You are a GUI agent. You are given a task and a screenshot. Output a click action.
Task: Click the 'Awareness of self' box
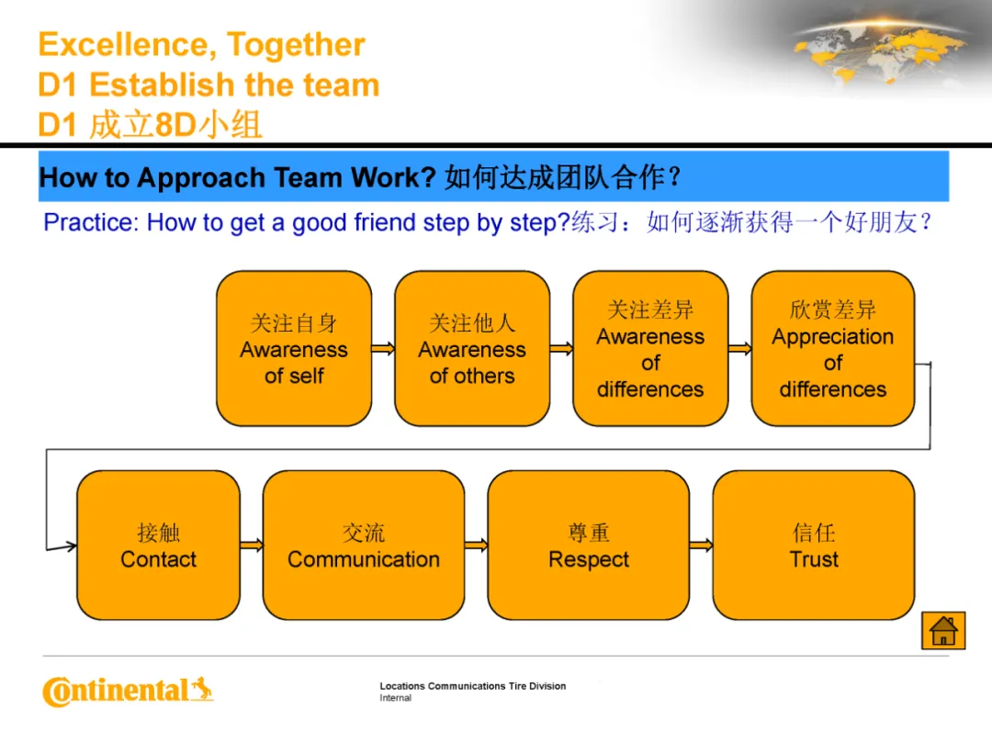[294, 348]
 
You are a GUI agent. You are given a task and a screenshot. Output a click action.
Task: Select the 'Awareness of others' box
[472, 348]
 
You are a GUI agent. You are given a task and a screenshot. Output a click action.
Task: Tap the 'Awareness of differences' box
[650, 348]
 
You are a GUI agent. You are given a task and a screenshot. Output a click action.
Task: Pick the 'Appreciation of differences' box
[832, 348]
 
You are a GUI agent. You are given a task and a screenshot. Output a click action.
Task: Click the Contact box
[158, 545]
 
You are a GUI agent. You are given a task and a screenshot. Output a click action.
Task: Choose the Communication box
[364, 545]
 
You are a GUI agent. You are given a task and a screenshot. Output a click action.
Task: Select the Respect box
[589, 545]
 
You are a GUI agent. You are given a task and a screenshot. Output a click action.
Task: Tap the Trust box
[814, 545]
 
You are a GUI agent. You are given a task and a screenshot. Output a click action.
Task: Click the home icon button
[943, 630]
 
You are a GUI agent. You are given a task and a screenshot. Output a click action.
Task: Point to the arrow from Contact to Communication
[252, 545]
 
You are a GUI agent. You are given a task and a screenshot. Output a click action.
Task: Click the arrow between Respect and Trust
[701, 545]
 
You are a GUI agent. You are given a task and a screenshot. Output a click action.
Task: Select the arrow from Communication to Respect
[477, 545]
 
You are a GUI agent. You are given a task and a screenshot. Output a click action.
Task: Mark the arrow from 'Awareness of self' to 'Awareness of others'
[383, 348]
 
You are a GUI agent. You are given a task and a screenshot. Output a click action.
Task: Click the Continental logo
[128, 692]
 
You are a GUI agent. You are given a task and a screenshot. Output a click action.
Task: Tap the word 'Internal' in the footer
[395, 698]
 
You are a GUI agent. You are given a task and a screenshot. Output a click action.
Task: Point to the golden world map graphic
[879, 51]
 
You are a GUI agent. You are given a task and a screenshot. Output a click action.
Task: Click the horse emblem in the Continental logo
[202, 688]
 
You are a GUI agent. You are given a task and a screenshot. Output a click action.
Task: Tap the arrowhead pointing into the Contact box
[71, 546]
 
